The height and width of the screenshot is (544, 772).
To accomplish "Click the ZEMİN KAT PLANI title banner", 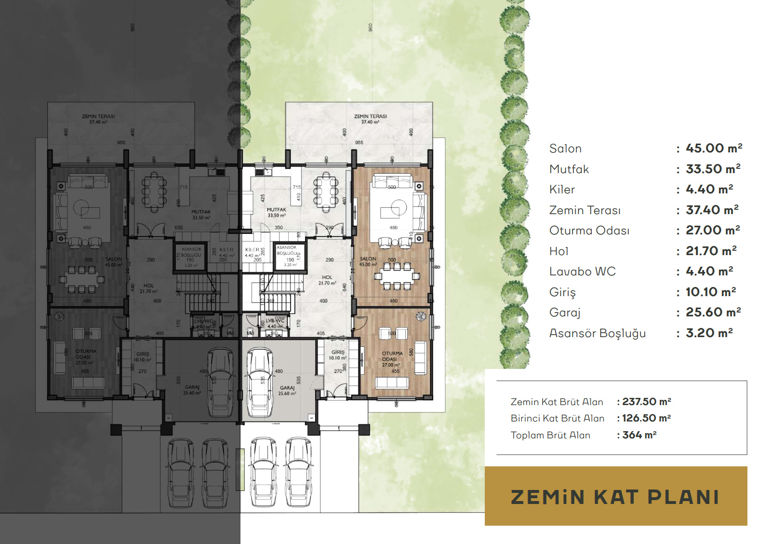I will pos(615,497).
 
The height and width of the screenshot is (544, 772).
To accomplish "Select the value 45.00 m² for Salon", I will pos(714,148).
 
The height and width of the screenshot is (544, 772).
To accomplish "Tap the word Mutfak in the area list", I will pos(569,169).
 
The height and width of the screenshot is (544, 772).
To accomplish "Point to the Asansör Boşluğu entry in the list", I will pos(597,333).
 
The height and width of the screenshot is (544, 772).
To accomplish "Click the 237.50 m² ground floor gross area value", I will pos(646,402).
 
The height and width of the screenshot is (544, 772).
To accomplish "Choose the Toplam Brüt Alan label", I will pos(550,435).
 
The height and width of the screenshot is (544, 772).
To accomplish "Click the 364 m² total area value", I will pos(639,435).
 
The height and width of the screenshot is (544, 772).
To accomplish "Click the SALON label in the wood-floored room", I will pos(368,261).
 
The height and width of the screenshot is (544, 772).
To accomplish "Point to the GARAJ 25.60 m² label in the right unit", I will pos(287,390).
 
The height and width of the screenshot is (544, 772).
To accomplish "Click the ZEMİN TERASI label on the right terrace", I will pos(370,119).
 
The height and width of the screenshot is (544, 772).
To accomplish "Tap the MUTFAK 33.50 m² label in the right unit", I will pos(277,212).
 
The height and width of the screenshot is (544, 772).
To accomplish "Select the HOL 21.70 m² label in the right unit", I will pos(327,280).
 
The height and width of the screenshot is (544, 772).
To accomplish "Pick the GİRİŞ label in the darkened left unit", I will pos(143,356).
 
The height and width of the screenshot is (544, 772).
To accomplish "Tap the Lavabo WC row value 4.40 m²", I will pos(709,272).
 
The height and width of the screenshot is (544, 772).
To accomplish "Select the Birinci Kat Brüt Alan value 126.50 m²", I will pos(646,418).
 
